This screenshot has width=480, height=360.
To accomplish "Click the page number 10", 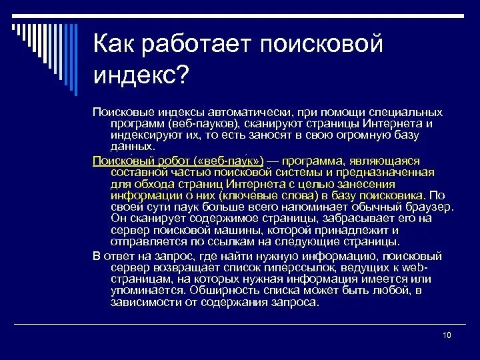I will click(x=447, y=335).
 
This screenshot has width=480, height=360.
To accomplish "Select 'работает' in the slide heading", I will click(x=190, y=45).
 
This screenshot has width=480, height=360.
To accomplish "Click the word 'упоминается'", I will click(x=148, y=290).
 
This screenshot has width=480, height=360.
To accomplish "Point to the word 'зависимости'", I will click(x=143, y=301).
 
